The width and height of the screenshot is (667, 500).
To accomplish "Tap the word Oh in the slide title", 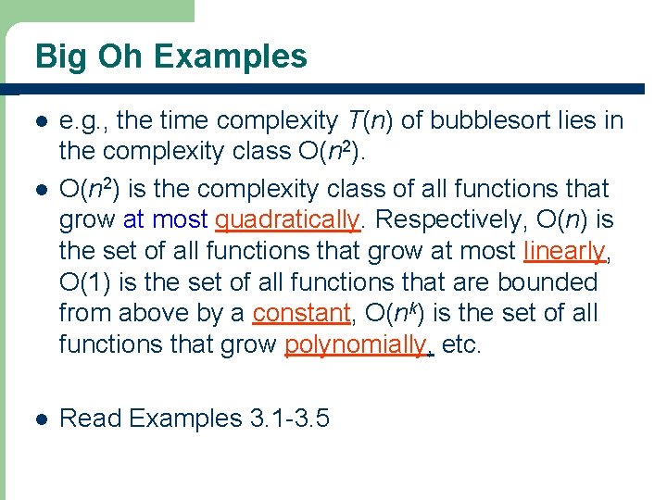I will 122,57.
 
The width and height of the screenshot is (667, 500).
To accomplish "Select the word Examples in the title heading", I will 231,57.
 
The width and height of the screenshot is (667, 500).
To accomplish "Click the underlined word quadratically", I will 287,219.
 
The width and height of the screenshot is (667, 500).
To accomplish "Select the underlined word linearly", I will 564,250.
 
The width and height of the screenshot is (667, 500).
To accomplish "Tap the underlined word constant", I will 302,313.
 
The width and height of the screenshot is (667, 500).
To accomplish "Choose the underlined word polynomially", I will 356,344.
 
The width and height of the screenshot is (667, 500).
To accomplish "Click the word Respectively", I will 435,219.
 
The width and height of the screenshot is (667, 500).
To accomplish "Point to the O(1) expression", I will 83,281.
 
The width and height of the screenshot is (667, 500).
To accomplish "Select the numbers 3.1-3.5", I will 290,419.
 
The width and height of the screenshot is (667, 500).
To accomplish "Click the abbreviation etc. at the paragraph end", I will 461,344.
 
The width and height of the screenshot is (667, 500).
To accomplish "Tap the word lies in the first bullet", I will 576,120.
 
